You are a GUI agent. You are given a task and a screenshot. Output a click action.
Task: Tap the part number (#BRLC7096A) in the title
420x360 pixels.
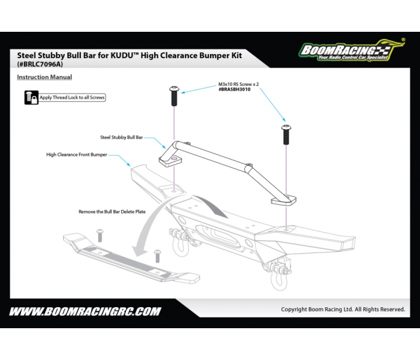pyautogui.click(x=40, y=64)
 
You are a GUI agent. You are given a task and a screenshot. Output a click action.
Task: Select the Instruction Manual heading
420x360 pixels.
pyautogui.click(x=44, y=77)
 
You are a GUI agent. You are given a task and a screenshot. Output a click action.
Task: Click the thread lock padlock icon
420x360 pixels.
pyautogui.click(x=31, y=97)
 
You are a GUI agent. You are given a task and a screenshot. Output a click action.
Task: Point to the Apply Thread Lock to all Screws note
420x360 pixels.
pyautogui.click(x=72, y=97)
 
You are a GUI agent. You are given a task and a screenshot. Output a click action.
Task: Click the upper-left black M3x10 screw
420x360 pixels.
pyautogui.click(x=174, y=96)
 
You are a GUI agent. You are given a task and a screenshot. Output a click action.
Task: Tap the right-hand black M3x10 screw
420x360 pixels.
pyautogui.click(x=286, y=134)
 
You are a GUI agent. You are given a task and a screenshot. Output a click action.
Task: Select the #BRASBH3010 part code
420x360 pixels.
pyautogui.click(x=235, y=89)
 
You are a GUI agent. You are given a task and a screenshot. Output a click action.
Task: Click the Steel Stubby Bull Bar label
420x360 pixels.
pyautogui.click(x=121, y=137)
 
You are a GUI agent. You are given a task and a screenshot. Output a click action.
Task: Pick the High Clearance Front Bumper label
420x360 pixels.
pyautogui.click(x=77, y=155)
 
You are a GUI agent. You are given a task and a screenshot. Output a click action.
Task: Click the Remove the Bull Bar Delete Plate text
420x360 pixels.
pyautogui.click(x=112, y=212)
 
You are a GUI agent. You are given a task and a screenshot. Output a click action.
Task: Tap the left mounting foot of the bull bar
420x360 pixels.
pyautogui.click(x=170, y=161)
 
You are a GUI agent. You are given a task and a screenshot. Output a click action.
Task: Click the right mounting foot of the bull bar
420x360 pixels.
pyautogui.click(x=284, y=200)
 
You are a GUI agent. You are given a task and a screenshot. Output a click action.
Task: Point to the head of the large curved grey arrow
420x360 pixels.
pyautogui.click(x=140, y=251)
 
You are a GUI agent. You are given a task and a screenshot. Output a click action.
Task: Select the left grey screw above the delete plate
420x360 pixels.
pyautogui.click(x=100, y=235)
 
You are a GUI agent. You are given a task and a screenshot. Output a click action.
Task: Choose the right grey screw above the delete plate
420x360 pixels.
pyautogui.click(x=158, y=256)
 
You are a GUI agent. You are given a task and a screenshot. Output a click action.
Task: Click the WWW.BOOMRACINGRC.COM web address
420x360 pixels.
pyautogui.click(x=85, y=311)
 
